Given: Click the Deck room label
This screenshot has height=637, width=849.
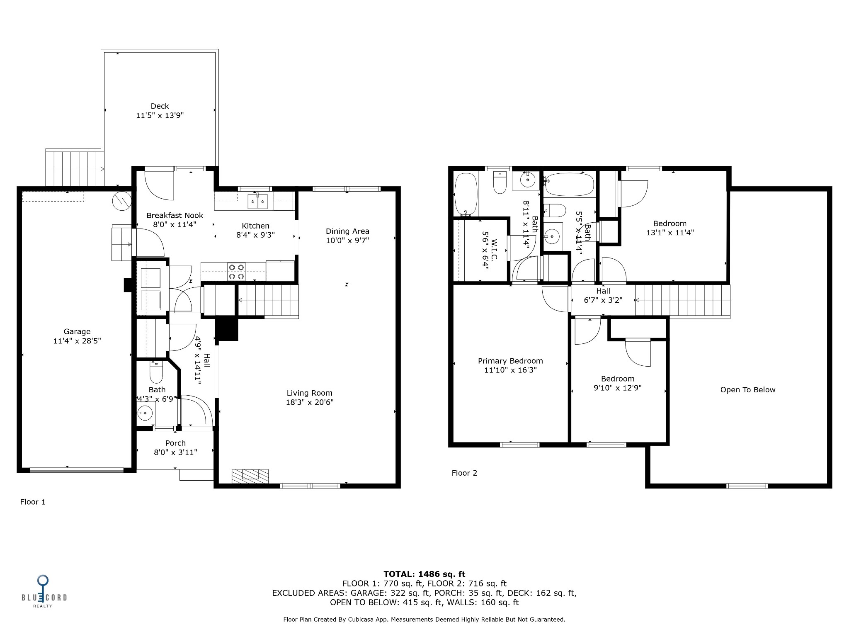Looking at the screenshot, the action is [x=160, y=106].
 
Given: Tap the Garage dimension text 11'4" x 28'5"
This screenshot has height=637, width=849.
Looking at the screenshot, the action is [x=77, y=341].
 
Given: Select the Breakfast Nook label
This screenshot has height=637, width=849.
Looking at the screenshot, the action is [x=175, y=215].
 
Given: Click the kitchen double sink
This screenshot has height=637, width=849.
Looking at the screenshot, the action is [x=257, y=202].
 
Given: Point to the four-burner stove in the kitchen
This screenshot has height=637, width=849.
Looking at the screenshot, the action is [x=236, y=272].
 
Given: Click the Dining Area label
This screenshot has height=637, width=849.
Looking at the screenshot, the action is [x=347, y=231].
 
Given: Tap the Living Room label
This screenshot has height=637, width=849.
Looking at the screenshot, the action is [x=310, y=393].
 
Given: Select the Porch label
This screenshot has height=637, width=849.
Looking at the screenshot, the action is [x=175, y=443].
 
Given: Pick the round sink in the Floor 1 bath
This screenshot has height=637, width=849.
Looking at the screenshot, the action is [x=145, y=413].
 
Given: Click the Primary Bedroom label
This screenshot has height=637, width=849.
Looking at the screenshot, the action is [x=510, y=361].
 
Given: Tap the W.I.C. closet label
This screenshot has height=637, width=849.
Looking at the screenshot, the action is [x=494, y=249].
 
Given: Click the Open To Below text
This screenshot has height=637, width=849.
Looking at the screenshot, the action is [x=748, y=390].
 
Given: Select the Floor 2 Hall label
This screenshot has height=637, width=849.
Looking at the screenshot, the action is [x=603, y=291].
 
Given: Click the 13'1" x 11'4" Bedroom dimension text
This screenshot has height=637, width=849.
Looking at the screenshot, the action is [x=670, y=233].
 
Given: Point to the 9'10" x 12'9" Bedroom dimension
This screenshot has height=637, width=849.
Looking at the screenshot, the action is [x=618, y=388].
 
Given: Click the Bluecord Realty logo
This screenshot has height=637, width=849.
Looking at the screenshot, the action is [x=44, y=591].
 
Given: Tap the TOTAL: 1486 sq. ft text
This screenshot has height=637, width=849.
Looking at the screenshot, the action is [x=424, y=574].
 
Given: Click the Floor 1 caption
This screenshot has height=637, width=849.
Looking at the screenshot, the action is [x=33, y=502].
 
